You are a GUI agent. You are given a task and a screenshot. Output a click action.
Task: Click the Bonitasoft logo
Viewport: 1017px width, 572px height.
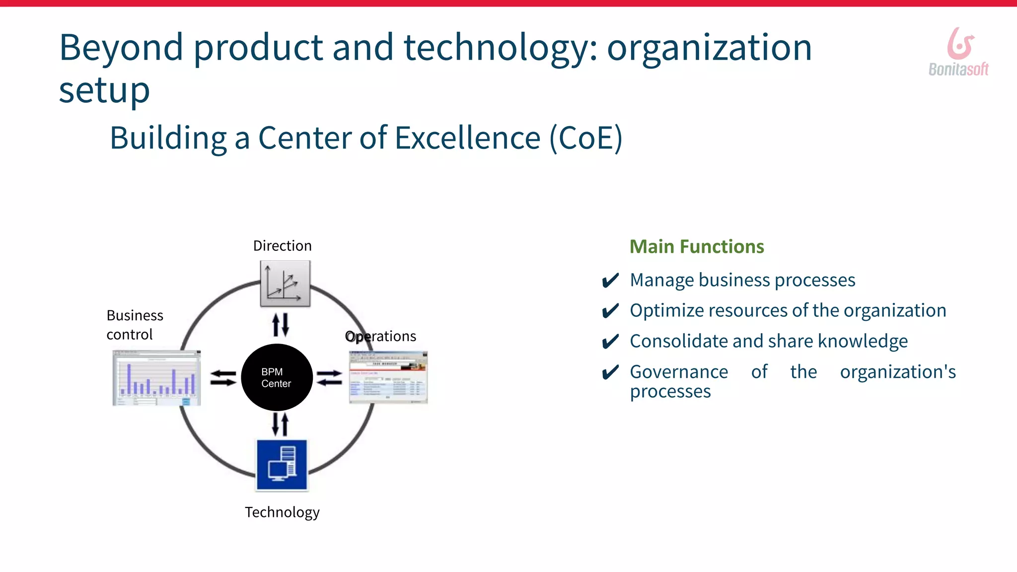point(959,52)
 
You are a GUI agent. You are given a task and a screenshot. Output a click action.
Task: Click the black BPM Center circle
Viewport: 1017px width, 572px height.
point(277,377)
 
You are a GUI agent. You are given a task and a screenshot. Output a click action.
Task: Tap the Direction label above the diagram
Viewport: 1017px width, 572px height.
point(282,246)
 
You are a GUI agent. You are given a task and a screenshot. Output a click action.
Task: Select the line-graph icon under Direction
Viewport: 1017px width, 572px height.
point(285,284)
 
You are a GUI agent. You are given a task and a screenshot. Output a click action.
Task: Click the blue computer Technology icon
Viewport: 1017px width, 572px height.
point(282,465)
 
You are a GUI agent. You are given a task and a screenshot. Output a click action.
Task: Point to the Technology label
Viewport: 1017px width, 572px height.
point(282,512)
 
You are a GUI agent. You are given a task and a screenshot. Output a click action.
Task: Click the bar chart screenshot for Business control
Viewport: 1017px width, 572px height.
point(156,378)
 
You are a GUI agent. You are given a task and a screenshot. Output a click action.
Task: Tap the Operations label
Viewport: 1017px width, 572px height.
point(381,336)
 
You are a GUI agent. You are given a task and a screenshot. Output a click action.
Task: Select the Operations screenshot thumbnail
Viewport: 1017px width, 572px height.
point(388,377)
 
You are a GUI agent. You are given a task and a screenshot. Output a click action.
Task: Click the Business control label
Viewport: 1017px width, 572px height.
point(135,325)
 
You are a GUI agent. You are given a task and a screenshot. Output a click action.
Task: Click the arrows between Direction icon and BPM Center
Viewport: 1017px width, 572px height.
point(281,325)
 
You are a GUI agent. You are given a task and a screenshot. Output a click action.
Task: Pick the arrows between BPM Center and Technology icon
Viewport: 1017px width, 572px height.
point(281,425)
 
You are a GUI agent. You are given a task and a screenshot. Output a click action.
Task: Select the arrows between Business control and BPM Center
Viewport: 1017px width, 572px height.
point(223,378)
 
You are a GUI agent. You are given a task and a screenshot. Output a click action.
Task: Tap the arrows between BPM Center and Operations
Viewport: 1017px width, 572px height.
point(329,378)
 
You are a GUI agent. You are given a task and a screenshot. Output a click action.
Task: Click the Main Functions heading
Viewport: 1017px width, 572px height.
point(696,247)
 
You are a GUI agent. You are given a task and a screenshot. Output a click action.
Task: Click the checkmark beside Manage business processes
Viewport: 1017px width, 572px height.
point(610,281)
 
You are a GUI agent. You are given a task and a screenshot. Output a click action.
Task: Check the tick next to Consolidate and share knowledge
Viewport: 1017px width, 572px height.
point(610,342)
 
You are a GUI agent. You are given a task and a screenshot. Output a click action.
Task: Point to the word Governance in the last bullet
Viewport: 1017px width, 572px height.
point(679,372)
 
